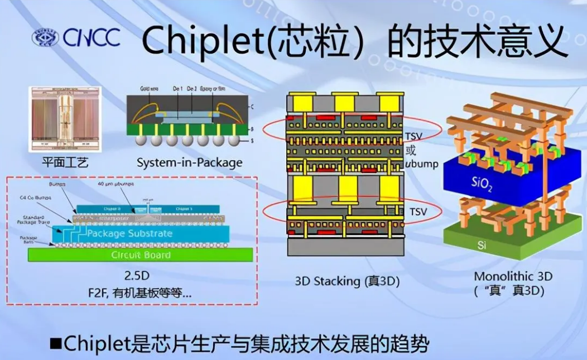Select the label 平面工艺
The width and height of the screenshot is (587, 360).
pos(65,163)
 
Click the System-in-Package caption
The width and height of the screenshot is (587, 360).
pos(190,163)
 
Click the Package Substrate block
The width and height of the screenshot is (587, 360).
pos(129,233)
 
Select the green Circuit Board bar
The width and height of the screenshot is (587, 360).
pos(141,255)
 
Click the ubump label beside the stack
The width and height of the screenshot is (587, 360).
pos(422,164)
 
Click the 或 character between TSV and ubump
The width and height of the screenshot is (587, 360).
pos(412,150)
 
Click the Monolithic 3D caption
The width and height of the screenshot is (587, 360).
pos(513,276)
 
